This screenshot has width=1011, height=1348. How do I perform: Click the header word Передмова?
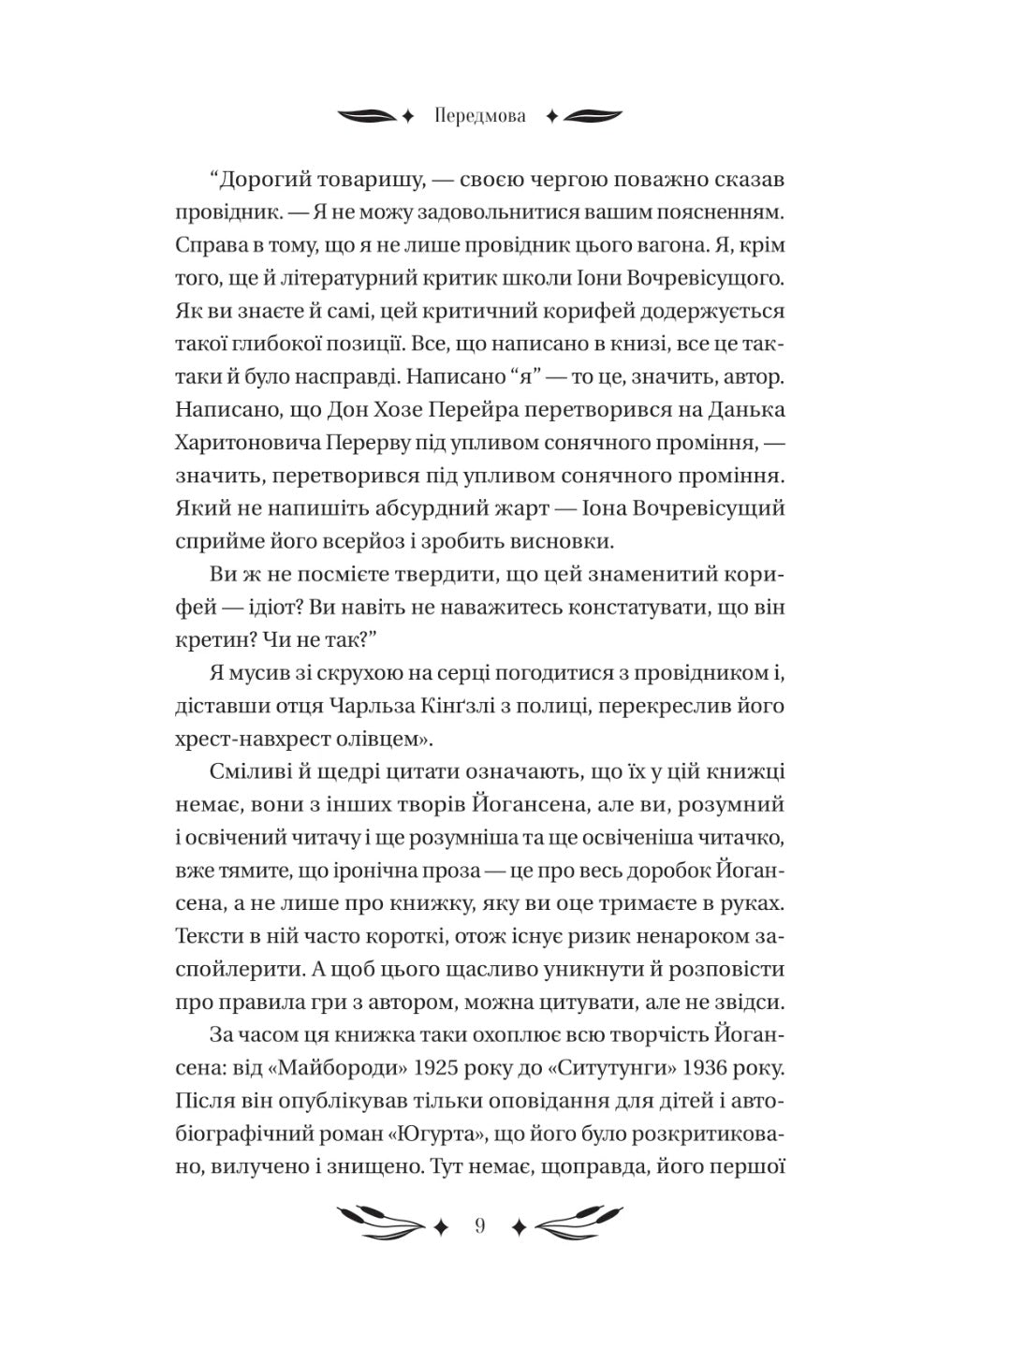pyautogui.click(x=480, y=117)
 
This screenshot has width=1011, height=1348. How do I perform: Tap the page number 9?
pyautogui.click(x=479, y=1225)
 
